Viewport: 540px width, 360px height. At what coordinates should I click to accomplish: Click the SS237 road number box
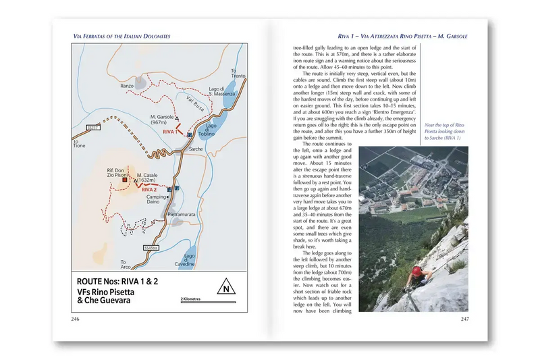[x=93, y=126]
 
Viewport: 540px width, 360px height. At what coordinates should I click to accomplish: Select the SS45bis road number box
[x=151, y=249]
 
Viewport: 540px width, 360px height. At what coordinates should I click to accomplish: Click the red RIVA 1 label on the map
[x=169, y=132]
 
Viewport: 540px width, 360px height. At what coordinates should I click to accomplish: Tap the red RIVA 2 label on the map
[x=150, y=190]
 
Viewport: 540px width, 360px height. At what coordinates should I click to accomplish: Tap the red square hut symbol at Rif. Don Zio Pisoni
[x=125, y=181]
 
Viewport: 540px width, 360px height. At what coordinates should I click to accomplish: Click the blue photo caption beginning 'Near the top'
[x=443, y=131]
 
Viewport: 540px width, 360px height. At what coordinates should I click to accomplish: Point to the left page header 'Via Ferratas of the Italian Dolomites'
[x=122, y=35]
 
